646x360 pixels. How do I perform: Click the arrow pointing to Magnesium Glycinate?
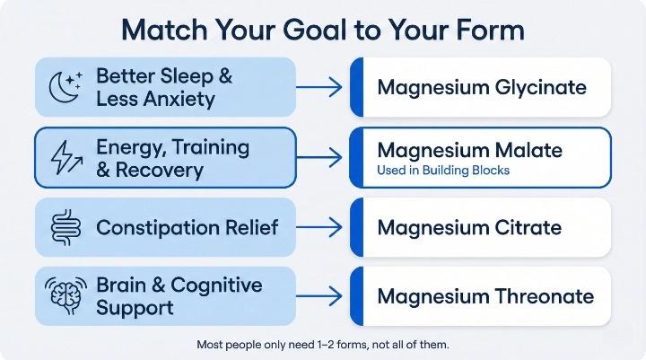319,87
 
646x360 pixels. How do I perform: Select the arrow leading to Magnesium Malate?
319,157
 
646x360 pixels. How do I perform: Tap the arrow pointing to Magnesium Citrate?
319,227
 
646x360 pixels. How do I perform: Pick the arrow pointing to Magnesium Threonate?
319,295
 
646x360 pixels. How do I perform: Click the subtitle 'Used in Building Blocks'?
446,171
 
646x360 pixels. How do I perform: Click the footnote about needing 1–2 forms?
322,344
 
